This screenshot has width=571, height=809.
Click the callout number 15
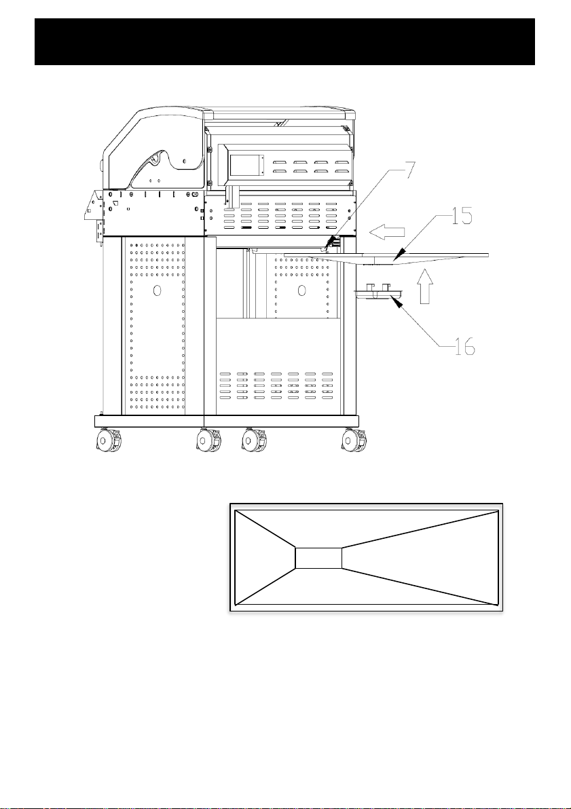[x=460, y=217]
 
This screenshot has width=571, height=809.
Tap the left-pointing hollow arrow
[x=387, y=233]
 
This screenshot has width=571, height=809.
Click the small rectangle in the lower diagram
[x=318, y=558]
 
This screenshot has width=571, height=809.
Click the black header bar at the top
[x=284, y=42]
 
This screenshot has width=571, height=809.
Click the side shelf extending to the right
[x=386, y=257]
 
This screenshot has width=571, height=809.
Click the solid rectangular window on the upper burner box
[x=245, y=164]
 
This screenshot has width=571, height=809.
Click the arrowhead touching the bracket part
[x=398, y=304]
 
